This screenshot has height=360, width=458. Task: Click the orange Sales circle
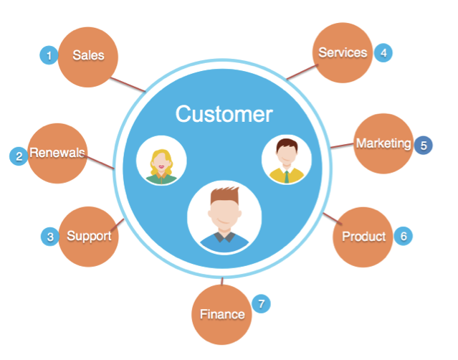click(x=89, y=55)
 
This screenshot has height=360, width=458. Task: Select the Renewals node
click(x=57, y=153)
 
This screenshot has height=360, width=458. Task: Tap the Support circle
click(x=88, y=236)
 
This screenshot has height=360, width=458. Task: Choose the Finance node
click(x=221, y=314)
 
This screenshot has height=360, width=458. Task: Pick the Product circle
click(x=363, y=237)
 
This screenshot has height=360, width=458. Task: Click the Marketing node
click(x=383, y=143)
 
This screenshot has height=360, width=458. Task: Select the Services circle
click(x=343, y=52)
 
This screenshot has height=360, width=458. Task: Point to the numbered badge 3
click(x=49, y=236)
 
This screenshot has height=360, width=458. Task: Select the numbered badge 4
click(x=383, y=52)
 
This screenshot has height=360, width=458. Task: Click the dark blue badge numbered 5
click(x=424, y=145)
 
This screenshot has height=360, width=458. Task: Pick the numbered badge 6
click(x=404, y=235)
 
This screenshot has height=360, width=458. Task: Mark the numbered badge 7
click(x=262, y=304)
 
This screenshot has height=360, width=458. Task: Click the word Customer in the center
click(x=224, y=114)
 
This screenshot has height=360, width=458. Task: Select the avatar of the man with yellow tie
click(x=286, y=159)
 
